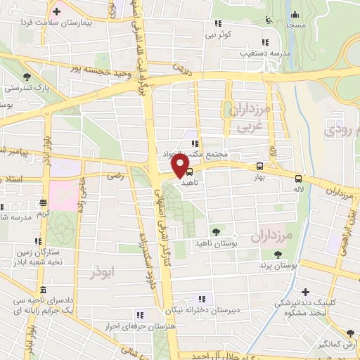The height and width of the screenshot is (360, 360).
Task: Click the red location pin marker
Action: tap(181, 166)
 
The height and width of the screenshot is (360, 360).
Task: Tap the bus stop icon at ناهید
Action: tap(189, 171)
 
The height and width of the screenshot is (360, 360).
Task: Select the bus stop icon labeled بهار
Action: tap(260, 167)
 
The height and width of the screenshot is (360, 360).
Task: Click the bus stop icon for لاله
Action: tap(299, 179)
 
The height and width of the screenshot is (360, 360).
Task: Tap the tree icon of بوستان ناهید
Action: tap(215, 231)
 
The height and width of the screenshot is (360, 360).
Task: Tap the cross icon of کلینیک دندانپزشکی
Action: tap(304, 291)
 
